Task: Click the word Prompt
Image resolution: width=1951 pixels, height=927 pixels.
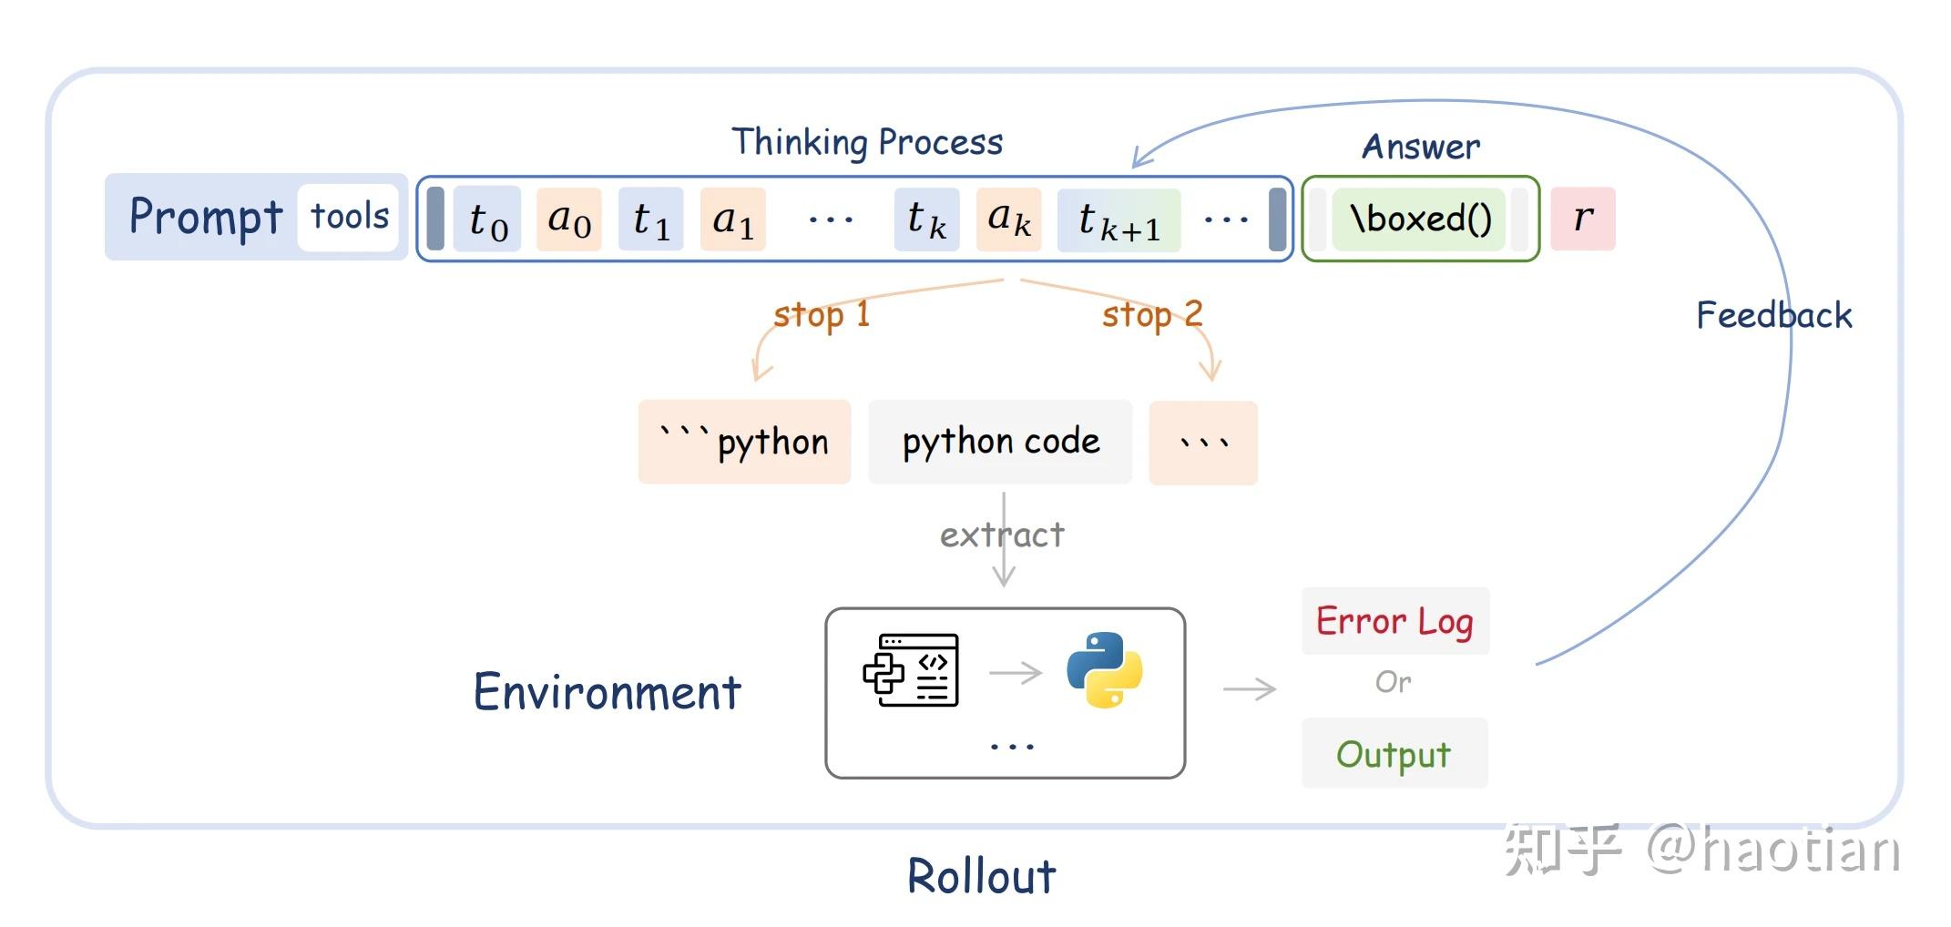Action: tap(206, 217)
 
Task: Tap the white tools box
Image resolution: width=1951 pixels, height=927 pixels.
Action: tap(349, 218)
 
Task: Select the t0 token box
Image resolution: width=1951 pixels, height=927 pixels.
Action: tap(487, 219)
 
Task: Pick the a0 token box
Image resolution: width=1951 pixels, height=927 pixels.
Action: tap(569, 219)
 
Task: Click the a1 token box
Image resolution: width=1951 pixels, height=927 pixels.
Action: tap(733, 219)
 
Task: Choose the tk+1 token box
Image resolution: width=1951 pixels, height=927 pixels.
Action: tap(1119, 219)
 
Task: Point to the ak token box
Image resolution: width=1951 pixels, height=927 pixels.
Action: tap(1009, 219)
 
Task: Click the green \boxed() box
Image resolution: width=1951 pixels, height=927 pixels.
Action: tap(1419, 219)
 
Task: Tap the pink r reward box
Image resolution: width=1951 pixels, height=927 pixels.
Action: tap(1583, 219)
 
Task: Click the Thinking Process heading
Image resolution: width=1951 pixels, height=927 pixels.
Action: tap(867, 142)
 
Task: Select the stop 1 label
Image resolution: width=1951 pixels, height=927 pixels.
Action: tap(822, 315)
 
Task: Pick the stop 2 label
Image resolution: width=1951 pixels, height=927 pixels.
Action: tap(1152, 315)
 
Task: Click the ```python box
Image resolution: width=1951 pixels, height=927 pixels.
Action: tap(744, 442)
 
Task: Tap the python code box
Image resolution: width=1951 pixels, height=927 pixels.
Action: tap(1000, 442)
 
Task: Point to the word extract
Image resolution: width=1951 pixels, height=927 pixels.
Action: tap(1002, 535)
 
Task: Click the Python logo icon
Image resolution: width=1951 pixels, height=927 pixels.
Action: tap(1105, 670)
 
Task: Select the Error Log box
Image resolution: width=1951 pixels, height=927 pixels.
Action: tap(1395, 621)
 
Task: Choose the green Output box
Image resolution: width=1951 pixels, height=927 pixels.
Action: tap(1394, 754)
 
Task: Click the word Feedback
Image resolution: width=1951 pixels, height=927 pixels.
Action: tap(1773, 315)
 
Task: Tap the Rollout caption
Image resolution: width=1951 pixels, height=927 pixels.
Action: tap(981, 876)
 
